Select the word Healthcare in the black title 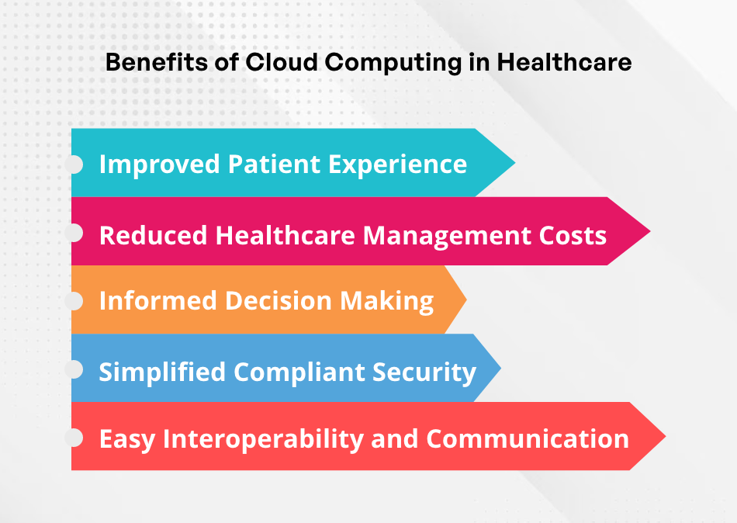[x=564, y=62]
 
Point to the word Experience [x=398, y=165]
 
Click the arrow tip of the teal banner [x=514, y=163]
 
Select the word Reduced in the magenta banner [x=154, y=235]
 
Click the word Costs [x=573, y=235]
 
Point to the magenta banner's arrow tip [x=650, y=231]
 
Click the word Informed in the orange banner [x=158, y=300]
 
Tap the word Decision [x=279, y=300]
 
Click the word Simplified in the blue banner [x=162, y=372]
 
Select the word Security [x=424, y=372]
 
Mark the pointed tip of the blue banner [x=500, y=368]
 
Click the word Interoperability [x=264, y=439]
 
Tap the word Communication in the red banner [x=528, y=438]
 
